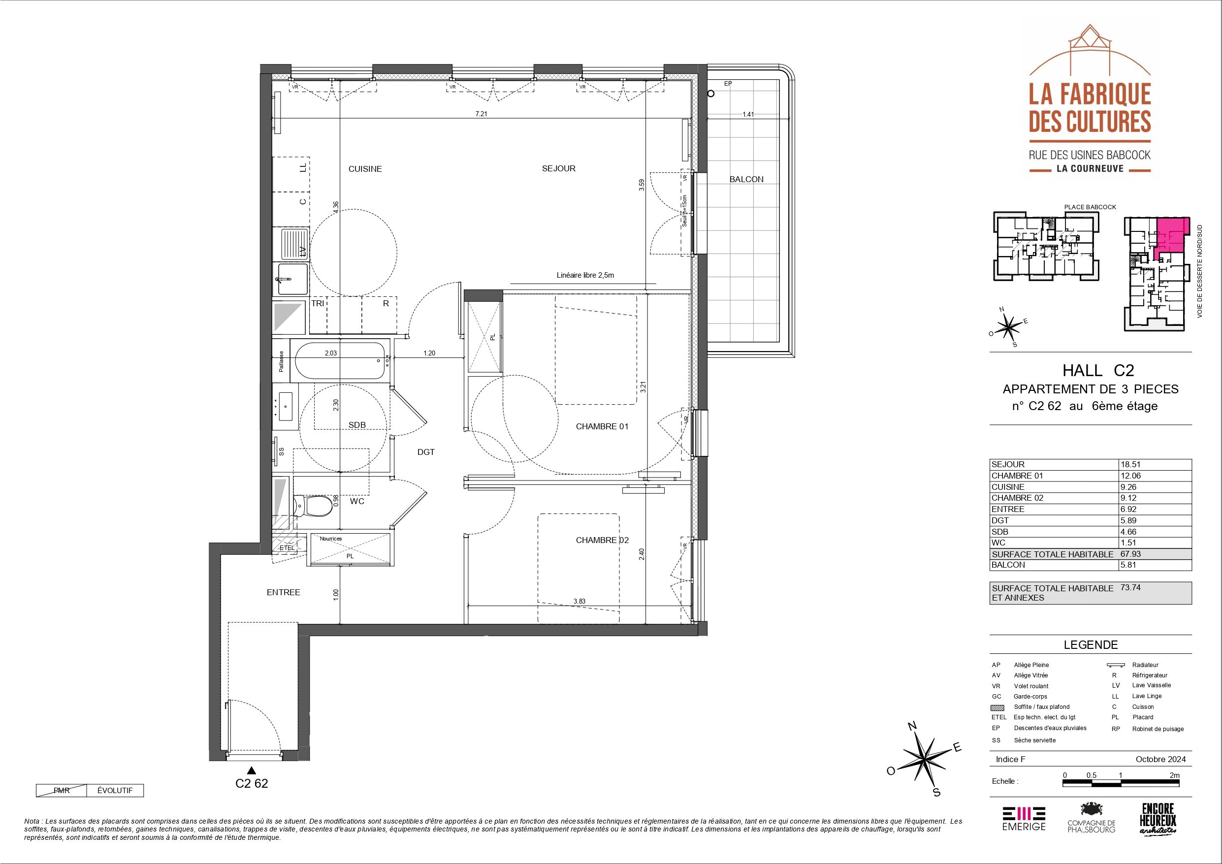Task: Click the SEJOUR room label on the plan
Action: (x=558, y=168)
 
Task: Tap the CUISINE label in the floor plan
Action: (x=365, y=169)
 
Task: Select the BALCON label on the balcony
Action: (x=746, y=179)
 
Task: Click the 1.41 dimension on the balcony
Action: (x=748, y=114)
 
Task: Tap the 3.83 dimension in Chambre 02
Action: (x=579, y=601)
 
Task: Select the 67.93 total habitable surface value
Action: (x=1130, y=554)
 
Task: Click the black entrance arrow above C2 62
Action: (x=252, y=770)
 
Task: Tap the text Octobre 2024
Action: (x=1160, y=760)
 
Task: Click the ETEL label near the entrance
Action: (x=287, y=547)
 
